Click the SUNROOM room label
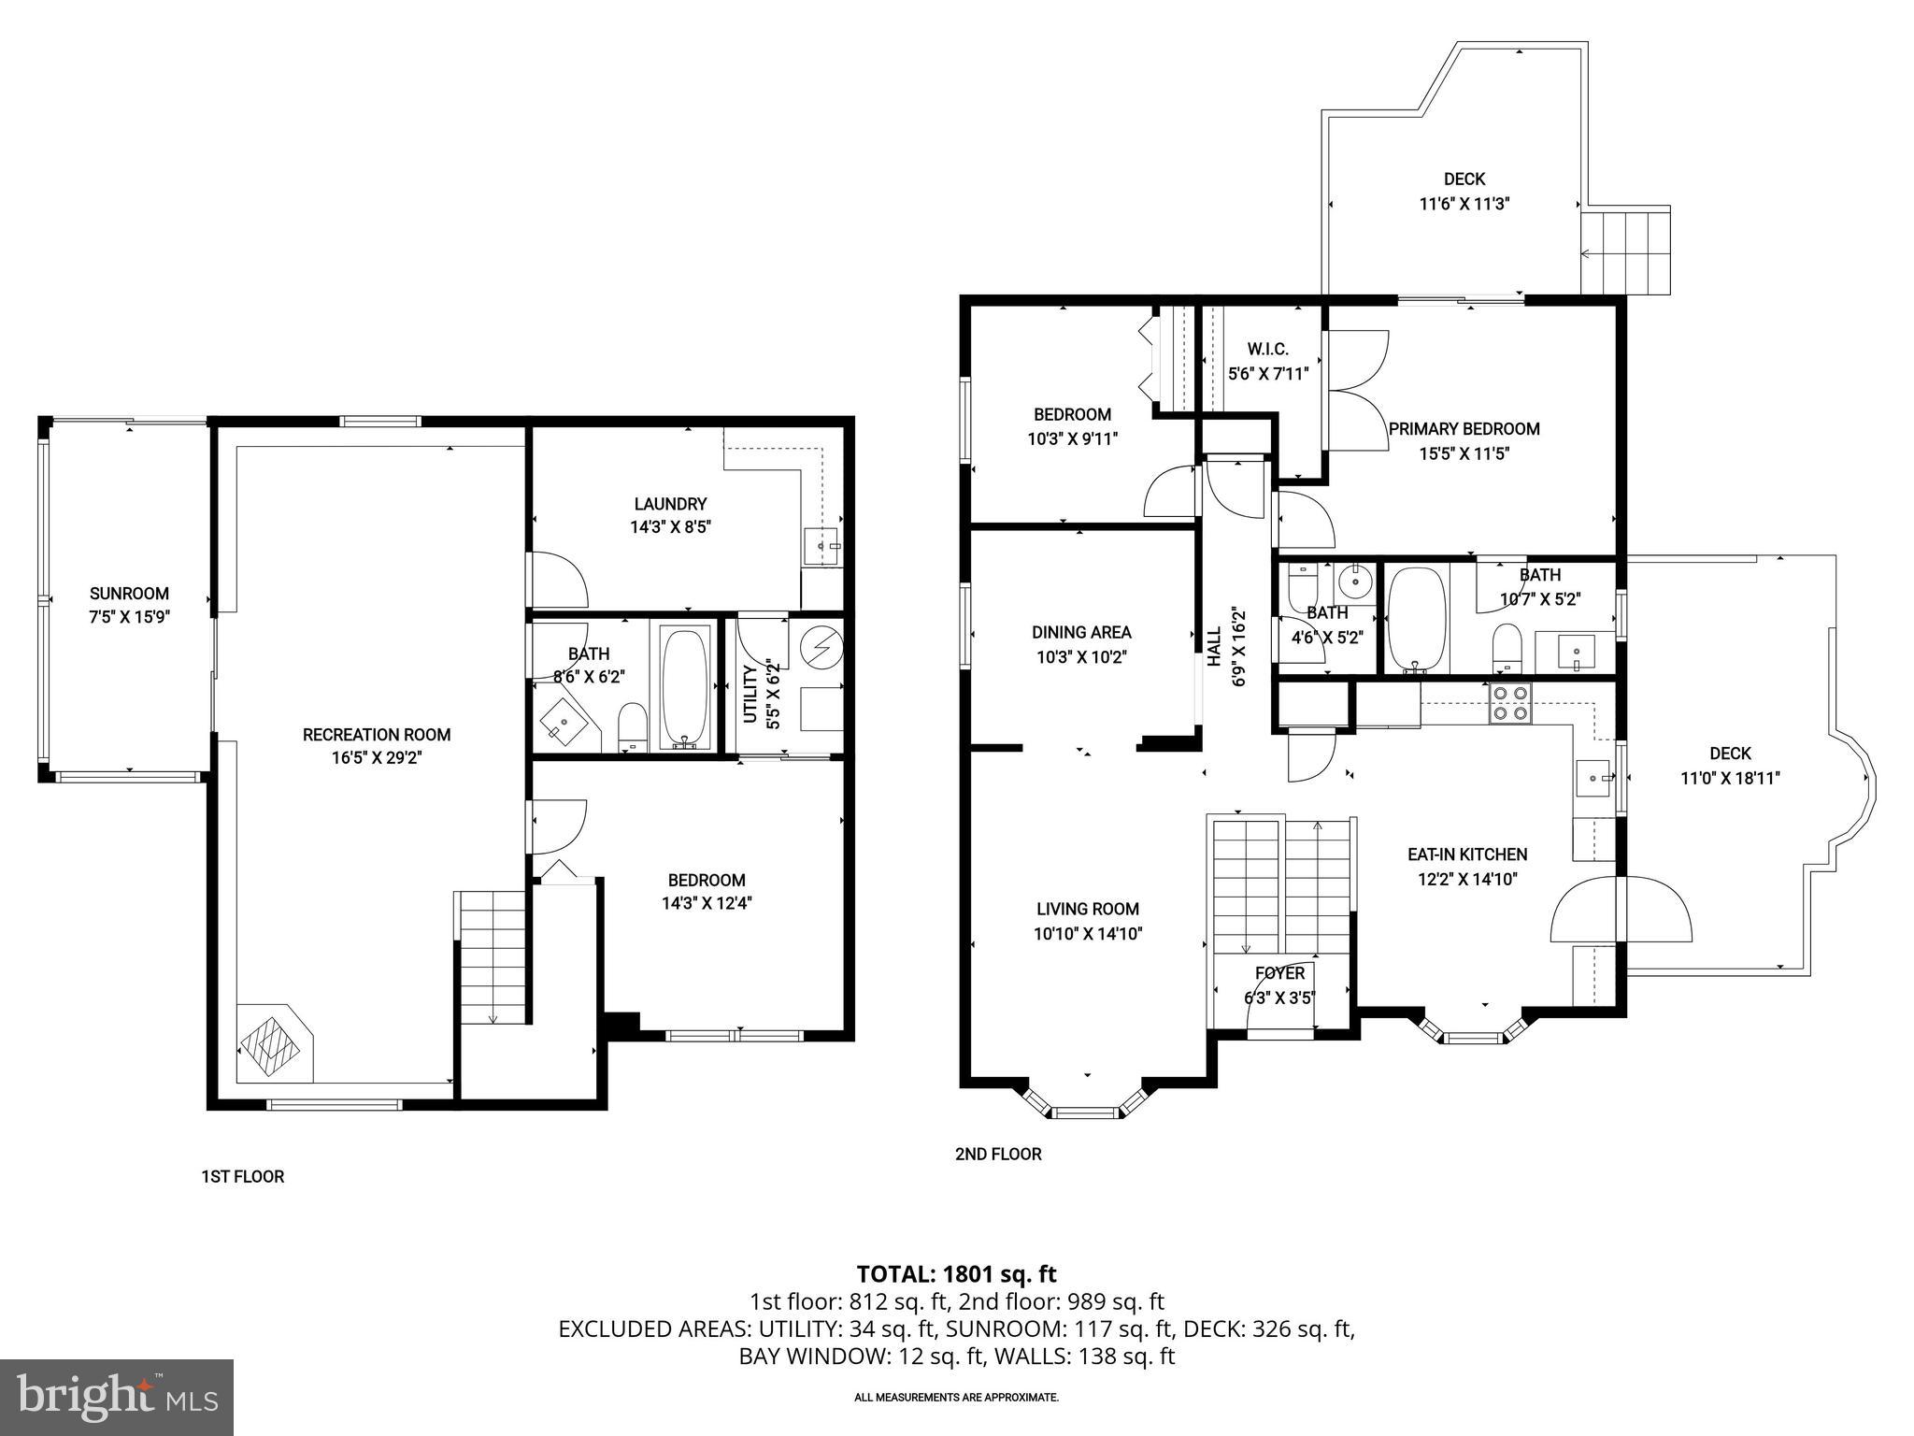point(129,594)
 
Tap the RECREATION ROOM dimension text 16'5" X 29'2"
point(377,758)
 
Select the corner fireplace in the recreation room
point(273,1043)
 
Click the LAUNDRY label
point(670,504)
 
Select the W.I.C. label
point(1267,349)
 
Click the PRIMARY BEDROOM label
point(1464,429)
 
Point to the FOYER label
point(1279,973)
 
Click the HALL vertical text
point(1214,646)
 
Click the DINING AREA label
point(1081,632)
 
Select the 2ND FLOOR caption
point(997,1154)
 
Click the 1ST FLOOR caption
point(243,1176)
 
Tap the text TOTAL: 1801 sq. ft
point(956,1273)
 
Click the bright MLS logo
point(117,1397)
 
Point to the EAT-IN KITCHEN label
point(1467,854)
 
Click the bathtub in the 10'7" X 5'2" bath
point(1416,619)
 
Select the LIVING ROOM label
point(1088,909)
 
